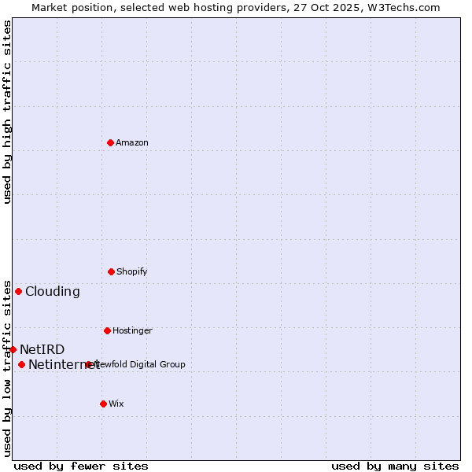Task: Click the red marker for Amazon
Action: pos(110,142)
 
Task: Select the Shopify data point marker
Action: pos(111,271)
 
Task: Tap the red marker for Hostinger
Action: pos(107,330)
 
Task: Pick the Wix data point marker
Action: pos(103,404)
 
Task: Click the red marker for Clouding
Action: pos(18,291)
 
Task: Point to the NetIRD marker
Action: pos(13,349)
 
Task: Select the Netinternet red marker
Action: pos(21,364)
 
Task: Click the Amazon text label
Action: pos(132,142)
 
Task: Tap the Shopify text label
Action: pos(132,271)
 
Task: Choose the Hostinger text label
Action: pos(132,330)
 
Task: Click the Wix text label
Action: pos(116,404)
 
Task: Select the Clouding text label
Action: pos(53,291)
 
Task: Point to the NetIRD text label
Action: pos(42,349)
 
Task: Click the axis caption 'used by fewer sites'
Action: pos(81,466)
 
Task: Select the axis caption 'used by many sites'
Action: pos(395,466)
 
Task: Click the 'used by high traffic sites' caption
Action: pos(7,112)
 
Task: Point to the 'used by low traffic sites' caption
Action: pos(7,368)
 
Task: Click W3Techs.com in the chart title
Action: pos(402,7)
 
